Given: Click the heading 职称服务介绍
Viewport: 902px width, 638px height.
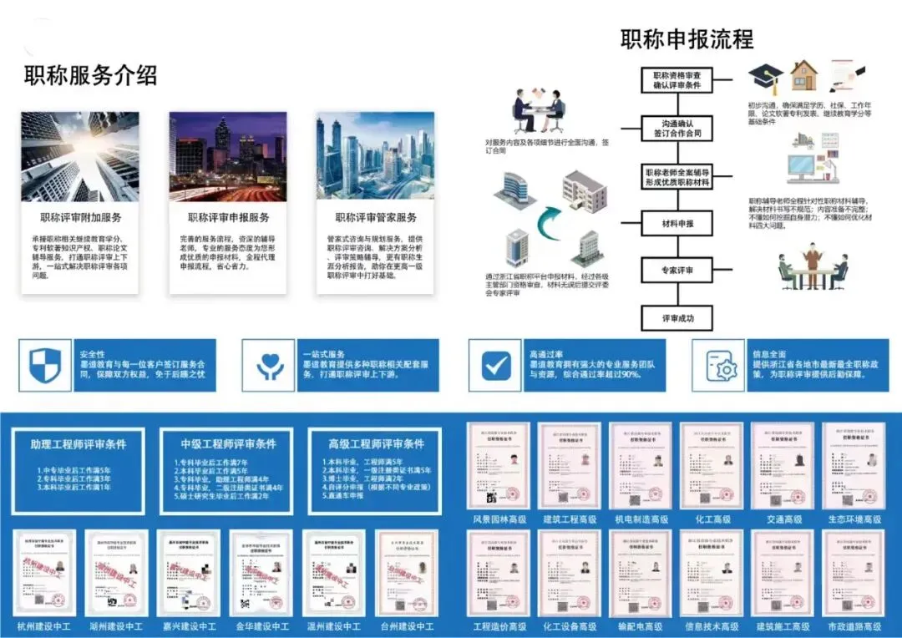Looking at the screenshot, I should (x=90, y=76).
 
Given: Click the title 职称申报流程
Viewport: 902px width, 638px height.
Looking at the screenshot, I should (x=687, y=38).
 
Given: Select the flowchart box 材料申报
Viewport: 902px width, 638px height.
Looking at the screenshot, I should (x=677, y=224).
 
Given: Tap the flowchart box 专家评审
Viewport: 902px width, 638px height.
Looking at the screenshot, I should (x=677, y=271).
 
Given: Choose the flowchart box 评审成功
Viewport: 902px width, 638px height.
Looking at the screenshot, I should (x=677, y=318).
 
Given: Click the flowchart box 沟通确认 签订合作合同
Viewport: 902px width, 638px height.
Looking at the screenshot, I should (x=677, y=128).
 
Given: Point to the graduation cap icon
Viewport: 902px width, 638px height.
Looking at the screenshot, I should (x=765, y=78).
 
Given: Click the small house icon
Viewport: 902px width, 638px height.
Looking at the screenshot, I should (x=804, y=76).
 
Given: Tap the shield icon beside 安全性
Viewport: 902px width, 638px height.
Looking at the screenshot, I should (x=45, y=365).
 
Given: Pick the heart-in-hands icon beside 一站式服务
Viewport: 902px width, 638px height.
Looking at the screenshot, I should (x=270, y=365).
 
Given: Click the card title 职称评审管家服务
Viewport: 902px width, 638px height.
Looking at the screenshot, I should (x=376, y=218).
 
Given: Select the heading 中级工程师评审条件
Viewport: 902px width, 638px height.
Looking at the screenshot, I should (x=228, y=443).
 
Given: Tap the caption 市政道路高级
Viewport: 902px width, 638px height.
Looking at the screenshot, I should (x=854, y=625).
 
